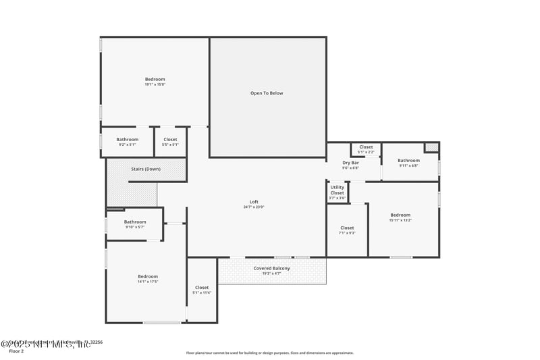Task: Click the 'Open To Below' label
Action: [x=267, y=93]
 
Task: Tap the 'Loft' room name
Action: [x=254, y=202]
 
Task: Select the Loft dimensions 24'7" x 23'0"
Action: [x=254, y=207]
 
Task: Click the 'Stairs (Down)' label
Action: [x=145, y=169]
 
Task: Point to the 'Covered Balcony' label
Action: [x=272, y=268]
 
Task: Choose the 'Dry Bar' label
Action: [x=350, y=163]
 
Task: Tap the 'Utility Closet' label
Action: [x=337, y=190]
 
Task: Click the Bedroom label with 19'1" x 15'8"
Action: [x=155, y=79]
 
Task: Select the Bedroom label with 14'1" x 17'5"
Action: [x=148, y=276]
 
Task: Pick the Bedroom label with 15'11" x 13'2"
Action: [x=400, y=215]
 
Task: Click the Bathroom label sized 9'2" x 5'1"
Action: [x=127, y=139]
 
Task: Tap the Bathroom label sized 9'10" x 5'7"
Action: [x=135, y=222]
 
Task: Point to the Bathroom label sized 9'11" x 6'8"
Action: [x=408, y=160]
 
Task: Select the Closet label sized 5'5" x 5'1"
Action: [x=170, y=139]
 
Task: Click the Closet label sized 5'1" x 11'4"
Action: [x=202, y=287]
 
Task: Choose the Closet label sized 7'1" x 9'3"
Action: [x=347, y=228]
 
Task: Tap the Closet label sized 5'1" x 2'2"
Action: [x=366, y=147]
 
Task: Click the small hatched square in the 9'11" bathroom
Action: [x=431, y=147]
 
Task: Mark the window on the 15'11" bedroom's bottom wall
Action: [x=401, y=257]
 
